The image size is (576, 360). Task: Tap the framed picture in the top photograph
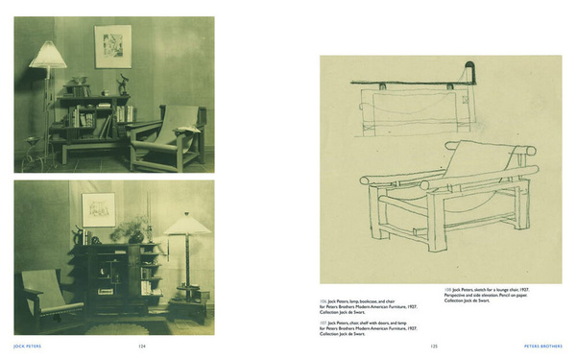tap(112, 46)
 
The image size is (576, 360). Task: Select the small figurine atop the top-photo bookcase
tap(123, 83)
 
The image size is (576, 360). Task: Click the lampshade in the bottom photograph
tap(187, 225)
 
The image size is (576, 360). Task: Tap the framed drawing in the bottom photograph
tap(99, 208)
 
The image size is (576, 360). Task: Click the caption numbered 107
tap(370, 328)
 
